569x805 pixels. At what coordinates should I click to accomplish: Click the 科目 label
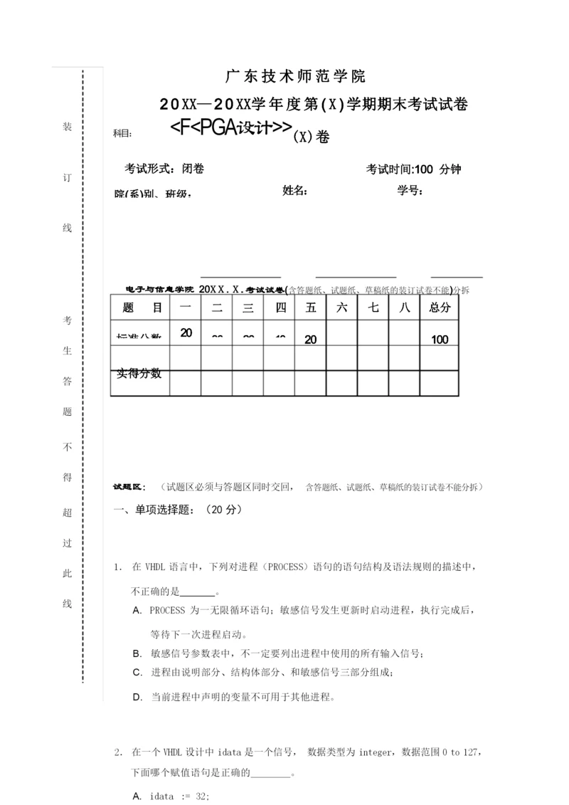(x=122, y=133)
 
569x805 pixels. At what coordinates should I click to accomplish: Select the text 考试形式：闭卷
(x=164, y=169)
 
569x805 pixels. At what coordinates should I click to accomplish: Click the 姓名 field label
(x=294, y=190)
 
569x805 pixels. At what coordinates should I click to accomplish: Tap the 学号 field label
(x=410, y=190)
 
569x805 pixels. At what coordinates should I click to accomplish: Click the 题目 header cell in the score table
(x=142, y=307)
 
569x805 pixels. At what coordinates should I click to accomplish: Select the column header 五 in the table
(x=310, y=307)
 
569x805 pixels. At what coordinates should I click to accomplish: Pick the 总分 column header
(x=440, y=307)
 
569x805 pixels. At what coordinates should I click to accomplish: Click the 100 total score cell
(x=440, y=340)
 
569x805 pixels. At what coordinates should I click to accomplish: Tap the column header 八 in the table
(x=404, y=307)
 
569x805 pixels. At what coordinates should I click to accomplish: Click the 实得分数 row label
(x=139, y=373)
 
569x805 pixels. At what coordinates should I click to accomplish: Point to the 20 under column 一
(x=186, y=332)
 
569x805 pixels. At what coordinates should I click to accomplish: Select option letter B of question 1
(x=137, y=653)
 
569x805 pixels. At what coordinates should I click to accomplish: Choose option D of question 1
(x=137, y=698)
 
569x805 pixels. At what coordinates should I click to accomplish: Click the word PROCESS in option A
(x=168, y=611)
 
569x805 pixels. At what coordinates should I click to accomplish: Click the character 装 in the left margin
(x=67, y=127)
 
